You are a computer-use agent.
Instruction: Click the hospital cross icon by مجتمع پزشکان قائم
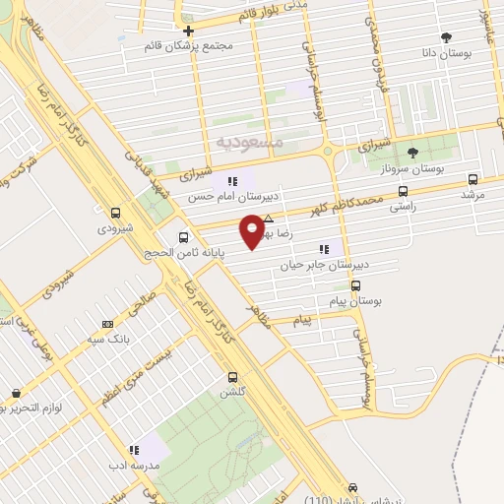188,31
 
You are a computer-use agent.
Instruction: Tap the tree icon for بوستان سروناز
412,152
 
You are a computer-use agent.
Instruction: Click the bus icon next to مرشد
473,179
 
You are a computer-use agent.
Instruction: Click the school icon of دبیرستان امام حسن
233,180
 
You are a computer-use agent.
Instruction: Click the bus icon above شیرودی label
116,212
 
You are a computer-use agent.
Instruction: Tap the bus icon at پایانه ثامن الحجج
183,237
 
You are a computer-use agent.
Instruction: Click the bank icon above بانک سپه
107,323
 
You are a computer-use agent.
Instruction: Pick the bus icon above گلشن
232,376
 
